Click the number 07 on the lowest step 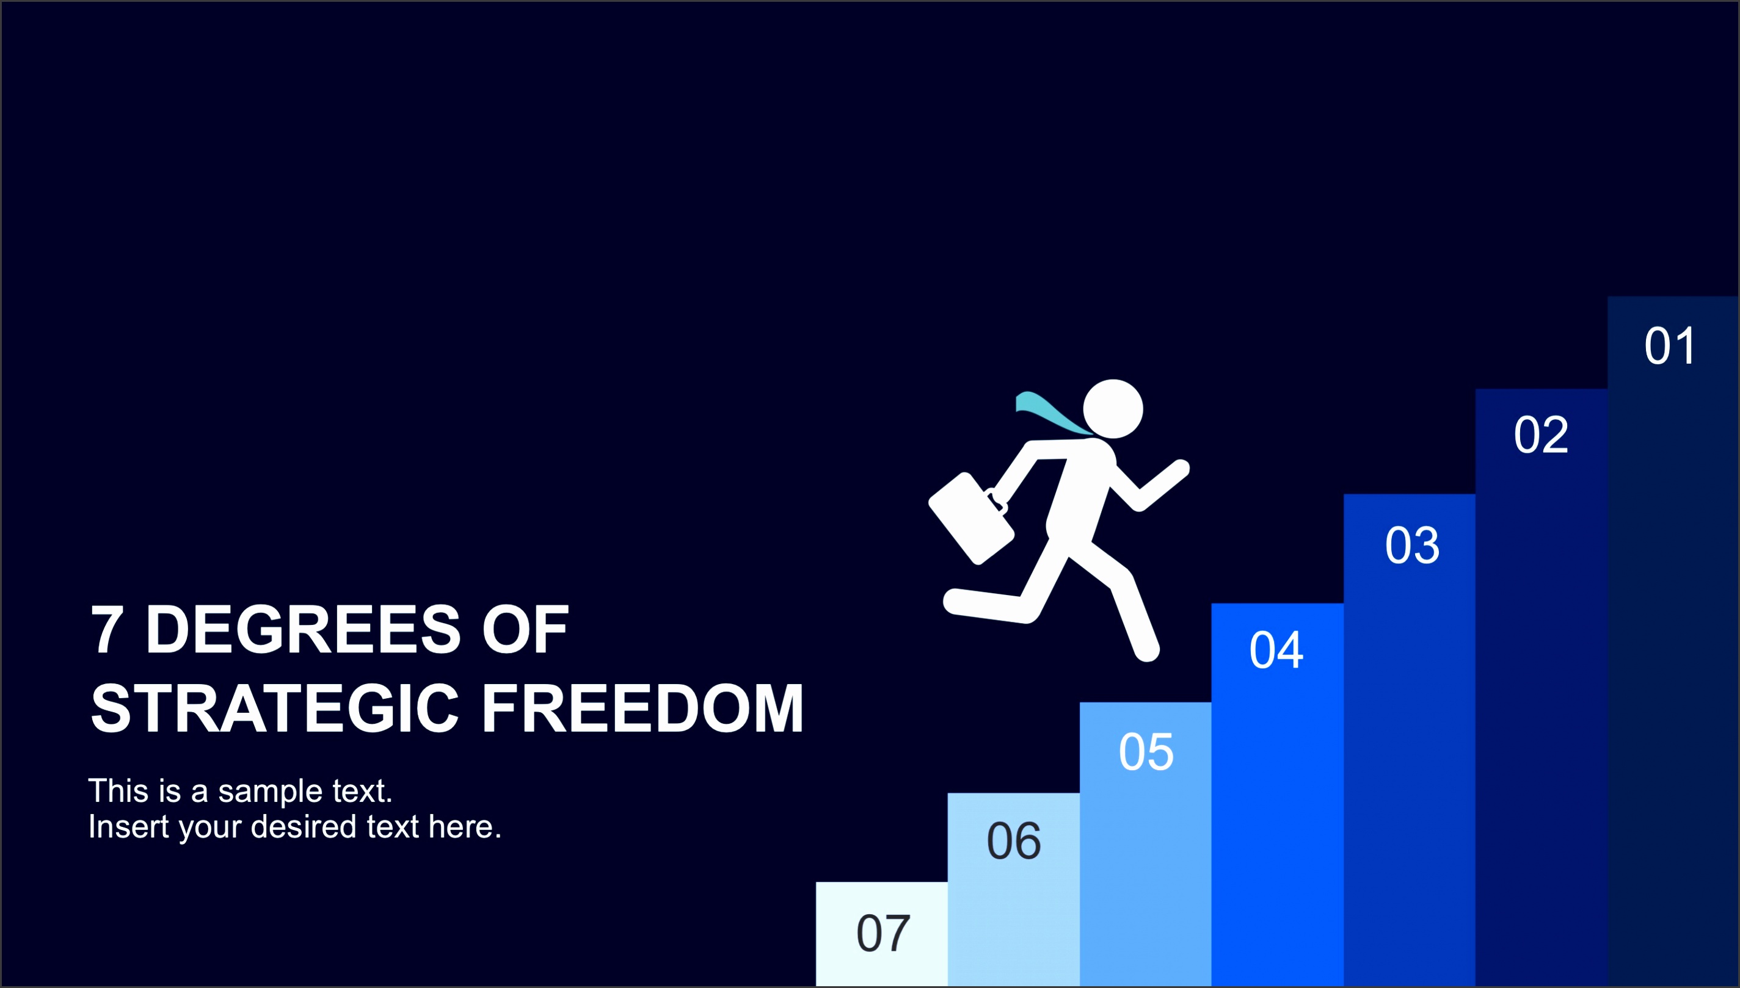tap(883, 933)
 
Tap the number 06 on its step tap(1014, 841)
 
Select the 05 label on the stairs tap(1146, 752)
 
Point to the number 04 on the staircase tap(1276, 650)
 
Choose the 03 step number tap(1412, 545)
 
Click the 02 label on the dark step tap(1541, 435)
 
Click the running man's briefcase tap(971, 517)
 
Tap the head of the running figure tap(1113, 409)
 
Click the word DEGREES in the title tap(303, 630)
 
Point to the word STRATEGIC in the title tap(275, 709)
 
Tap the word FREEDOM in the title tap(642, 709)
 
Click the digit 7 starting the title tap(107, 630)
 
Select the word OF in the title tap(525, 630)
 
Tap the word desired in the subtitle tap(304, 826)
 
